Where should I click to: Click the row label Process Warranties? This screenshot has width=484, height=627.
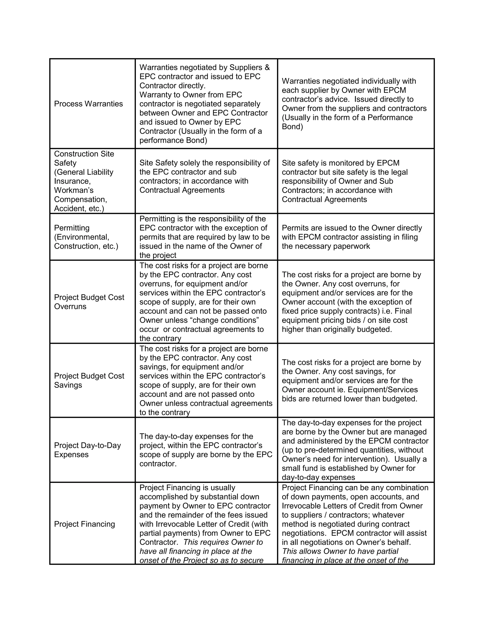88,104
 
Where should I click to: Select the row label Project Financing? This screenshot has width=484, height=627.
84,524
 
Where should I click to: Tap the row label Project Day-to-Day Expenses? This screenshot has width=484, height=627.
87,450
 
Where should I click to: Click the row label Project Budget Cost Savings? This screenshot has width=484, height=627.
89,380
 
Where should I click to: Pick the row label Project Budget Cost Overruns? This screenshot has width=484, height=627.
89,302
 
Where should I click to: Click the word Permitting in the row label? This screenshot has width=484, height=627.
72,228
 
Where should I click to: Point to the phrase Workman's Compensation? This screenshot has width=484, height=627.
80,195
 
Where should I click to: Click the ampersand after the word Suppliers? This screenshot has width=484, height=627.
267,67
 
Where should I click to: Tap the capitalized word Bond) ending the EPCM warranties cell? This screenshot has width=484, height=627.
292,127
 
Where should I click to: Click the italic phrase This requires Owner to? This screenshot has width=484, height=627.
223,542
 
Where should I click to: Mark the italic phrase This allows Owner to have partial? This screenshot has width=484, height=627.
340,551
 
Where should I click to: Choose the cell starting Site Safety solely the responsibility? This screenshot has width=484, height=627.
204,177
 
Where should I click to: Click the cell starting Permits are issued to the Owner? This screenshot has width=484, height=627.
352,237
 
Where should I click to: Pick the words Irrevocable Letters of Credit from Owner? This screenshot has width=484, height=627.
352,506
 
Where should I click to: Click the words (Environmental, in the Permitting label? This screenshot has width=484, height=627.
82,237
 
